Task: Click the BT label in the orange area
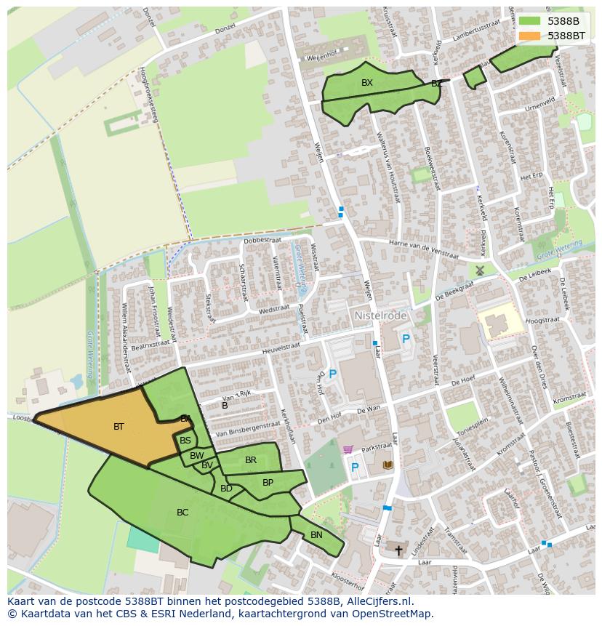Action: [x=119, y=427]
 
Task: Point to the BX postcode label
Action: [x=367, y=83]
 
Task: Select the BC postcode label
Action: [x=182, y=513]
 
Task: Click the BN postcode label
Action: [x=316, y=535]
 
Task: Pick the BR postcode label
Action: [x=251, y=460]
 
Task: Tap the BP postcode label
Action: [x=268, y=482]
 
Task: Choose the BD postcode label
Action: [x=226, y=489]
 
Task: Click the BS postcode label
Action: [x=185, y=441]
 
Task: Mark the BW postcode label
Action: [x=196, y=456]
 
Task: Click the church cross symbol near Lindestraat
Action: [x=398, y=550]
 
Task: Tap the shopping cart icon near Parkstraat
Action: [x=348, y=450]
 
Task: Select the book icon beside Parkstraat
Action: [x=388, y=465]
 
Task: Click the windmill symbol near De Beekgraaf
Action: [x=479, y=270]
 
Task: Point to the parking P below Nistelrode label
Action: [x=406, y=339]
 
